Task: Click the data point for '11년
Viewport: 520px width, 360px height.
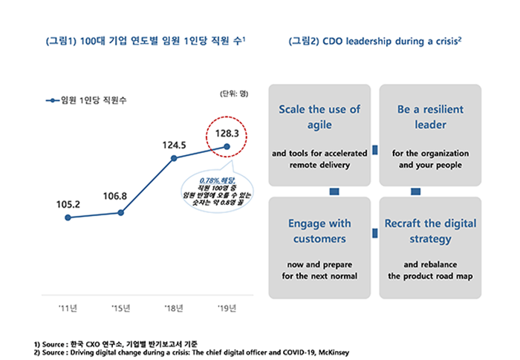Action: pos(68,217)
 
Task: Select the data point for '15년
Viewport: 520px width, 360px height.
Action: pos(121,212)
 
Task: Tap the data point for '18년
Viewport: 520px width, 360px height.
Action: pos(174,158)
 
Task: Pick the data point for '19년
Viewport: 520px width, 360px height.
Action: pos(227,147)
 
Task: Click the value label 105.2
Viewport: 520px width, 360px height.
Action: pos(68,203)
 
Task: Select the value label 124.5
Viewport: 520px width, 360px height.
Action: pos(174,144)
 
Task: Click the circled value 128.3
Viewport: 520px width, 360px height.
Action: pos(227,134)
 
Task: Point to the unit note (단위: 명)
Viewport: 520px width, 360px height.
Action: pos(234,93)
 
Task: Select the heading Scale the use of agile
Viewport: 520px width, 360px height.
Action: pos(319,117)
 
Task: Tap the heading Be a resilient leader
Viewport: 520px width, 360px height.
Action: pos(431,117)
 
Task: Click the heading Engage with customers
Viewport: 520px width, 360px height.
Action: pos(319,231)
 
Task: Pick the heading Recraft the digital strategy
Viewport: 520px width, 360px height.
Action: pos(430,231)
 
